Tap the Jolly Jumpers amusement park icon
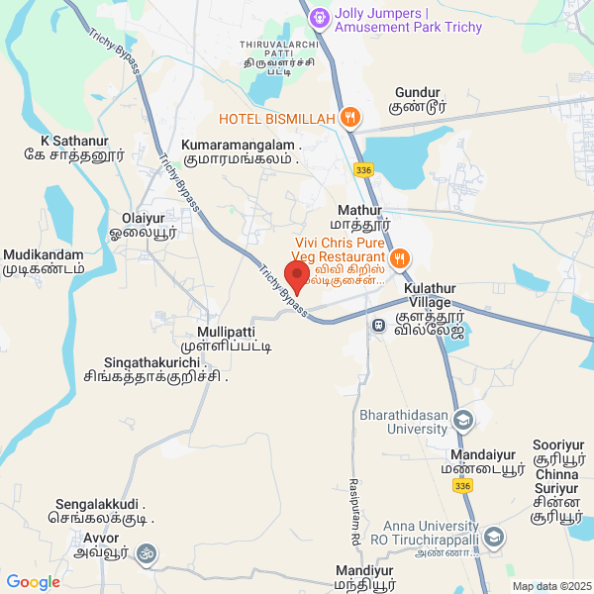(318, 18)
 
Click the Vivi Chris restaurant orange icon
(399, 258)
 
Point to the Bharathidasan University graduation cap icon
(462, 422)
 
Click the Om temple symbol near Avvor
(147, 551)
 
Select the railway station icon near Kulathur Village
(377, 325)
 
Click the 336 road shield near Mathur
(363, 170)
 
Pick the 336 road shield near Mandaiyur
(461, 485)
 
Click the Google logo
(34, 582)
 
